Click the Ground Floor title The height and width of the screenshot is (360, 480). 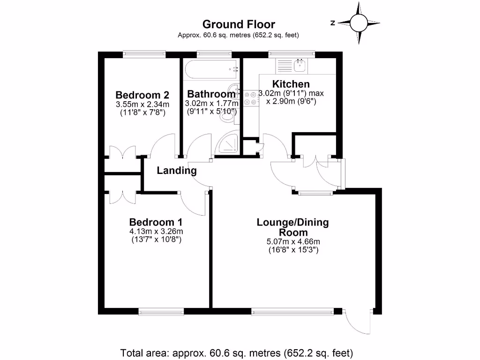click(x=238, y=24)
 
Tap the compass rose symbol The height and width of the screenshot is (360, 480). click(x=359, y=22)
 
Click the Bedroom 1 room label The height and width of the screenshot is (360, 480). click(x=156, y=222)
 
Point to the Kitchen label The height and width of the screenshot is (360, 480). click(x=291, y=84)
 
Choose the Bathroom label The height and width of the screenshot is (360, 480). click(x=211, y=94)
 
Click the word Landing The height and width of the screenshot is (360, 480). click(x=176, y=171)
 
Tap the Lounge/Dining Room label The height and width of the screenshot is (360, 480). click(x=292, y=227)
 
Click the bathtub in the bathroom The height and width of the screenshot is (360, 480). click(x=211, y=70)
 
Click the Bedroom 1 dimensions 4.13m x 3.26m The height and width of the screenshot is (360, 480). click(x=156, y=232)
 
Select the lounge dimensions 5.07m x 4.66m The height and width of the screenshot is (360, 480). click(x=292, y=242)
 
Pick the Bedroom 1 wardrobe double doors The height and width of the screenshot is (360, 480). click(x=123, y=196)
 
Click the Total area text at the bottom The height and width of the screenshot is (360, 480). click(x=237, y=352)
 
